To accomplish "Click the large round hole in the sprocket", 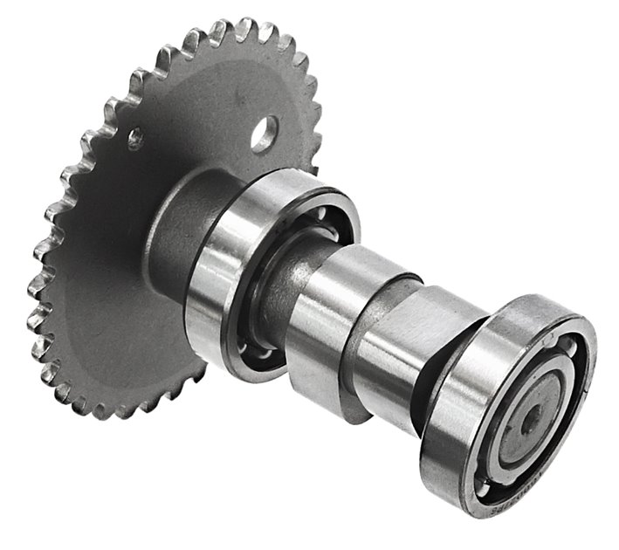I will [x=264, y=132].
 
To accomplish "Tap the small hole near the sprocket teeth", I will [x=134, y=136].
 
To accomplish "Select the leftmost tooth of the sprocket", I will [x=35, y=288].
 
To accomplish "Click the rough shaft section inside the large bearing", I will [x=271, y=297].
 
